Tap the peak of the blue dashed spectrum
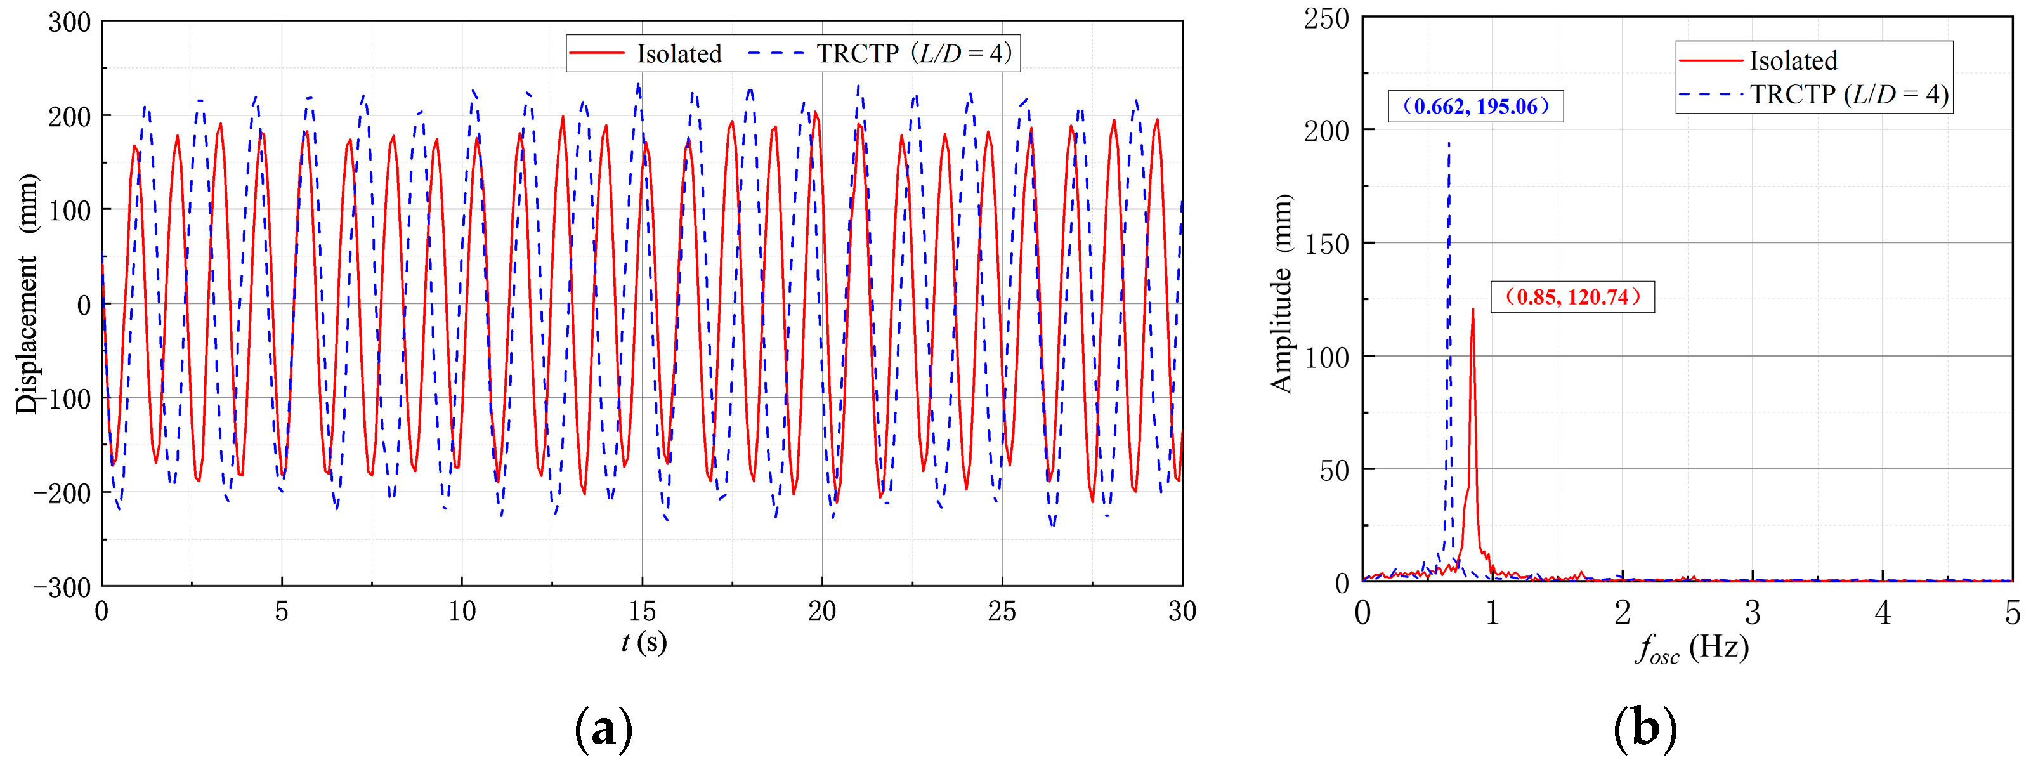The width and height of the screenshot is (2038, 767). tap(1449, 143)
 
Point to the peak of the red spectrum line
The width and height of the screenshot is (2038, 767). tap(1472, 310)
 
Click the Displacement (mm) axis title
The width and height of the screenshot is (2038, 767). tap(27, 293)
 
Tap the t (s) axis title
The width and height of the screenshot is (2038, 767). tap(643, 642)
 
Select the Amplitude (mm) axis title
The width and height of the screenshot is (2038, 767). tap(1281, 293)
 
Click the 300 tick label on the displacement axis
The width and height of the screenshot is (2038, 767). tap(70, 22)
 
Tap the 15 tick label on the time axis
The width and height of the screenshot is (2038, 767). tap(643, 611)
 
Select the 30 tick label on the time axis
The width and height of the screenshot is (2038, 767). tap(1182, 611)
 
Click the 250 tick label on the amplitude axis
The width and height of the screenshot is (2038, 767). tap(1326, 18)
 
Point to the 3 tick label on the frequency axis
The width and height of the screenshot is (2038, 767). tap(1753, 613)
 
